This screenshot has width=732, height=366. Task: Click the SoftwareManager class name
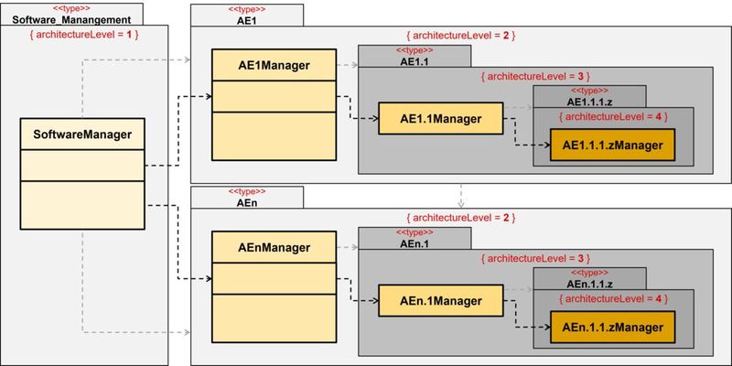coord(82,135)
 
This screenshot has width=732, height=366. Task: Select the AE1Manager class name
coord(259,66)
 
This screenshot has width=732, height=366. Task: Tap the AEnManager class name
coord(259,247)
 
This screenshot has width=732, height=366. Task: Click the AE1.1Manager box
coord(441,118)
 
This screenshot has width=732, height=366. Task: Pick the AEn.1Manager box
coord(441,300)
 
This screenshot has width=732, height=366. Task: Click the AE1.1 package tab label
coord(414,61)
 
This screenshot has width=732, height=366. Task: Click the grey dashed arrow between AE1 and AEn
coord(462,195)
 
